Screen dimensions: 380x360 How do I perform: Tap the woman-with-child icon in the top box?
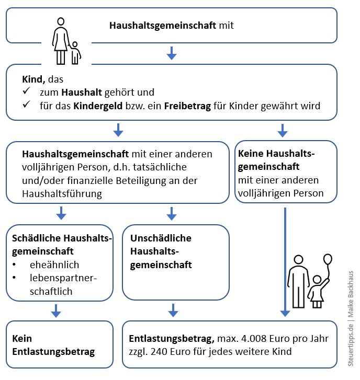coord(65,41)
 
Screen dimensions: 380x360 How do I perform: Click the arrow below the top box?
coord(171,53)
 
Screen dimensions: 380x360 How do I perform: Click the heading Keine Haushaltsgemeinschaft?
coord(276,160)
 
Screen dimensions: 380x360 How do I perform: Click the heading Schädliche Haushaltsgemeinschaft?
coord(62,244)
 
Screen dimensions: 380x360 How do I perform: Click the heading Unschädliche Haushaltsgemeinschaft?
coord(161,251)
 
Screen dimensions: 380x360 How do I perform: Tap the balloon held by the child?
coord(328,259)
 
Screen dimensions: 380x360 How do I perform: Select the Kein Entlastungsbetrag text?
coord(53,345)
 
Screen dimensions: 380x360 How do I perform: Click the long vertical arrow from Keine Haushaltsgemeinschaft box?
coord(285,261)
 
